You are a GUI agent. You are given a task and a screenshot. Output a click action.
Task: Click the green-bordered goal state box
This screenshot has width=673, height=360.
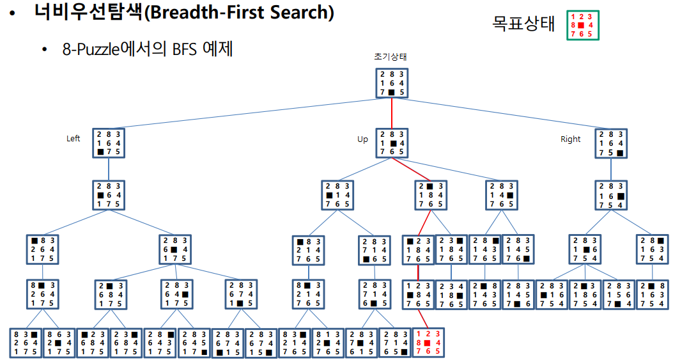point(582,25)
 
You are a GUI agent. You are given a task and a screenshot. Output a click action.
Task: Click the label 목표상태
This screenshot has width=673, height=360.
point(523,24)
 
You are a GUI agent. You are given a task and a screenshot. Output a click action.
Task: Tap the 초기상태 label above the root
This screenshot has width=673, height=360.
point(391,57)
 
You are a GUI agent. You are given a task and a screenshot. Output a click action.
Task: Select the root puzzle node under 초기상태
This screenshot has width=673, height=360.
point(391,83)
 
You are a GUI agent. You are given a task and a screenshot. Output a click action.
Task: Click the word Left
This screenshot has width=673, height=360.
point(73,138)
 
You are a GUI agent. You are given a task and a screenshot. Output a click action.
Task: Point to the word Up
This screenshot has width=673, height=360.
point(362,139)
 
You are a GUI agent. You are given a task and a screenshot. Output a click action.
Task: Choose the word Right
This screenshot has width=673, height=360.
point(570,139)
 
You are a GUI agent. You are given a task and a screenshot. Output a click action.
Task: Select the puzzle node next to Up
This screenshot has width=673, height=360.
point(391,143)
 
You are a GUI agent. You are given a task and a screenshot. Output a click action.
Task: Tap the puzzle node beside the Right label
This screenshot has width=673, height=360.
point(611,144)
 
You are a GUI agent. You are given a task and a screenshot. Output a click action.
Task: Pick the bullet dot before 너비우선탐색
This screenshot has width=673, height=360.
point(13,13)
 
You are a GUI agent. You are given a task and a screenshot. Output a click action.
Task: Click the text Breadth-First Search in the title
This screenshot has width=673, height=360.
point(239,13)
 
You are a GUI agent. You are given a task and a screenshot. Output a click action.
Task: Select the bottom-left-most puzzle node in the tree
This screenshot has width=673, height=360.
point(26,342)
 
